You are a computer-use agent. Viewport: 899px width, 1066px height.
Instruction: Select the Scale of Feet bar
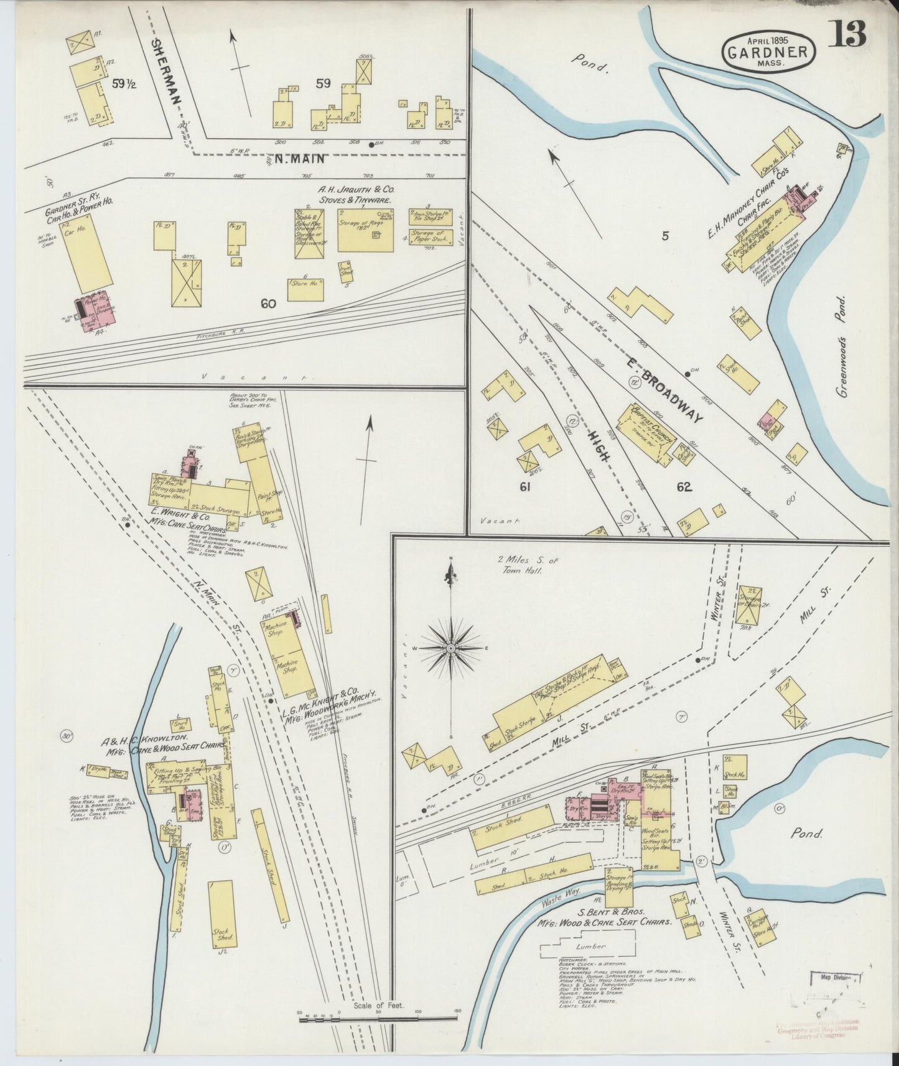378,1018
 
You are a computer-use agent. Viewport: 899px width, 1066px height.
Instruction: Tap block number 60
268,304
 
